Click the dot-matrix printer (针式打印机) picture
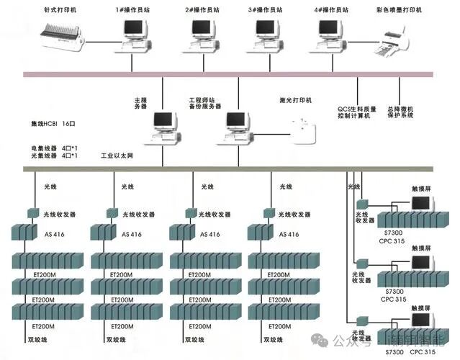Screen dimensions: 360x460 click(x=68, y=35)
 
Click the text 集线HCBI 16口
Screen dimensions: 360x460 click(x=54, y=124)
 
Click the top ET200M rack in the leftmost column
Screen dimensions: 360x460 click(x=46, y=260)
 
